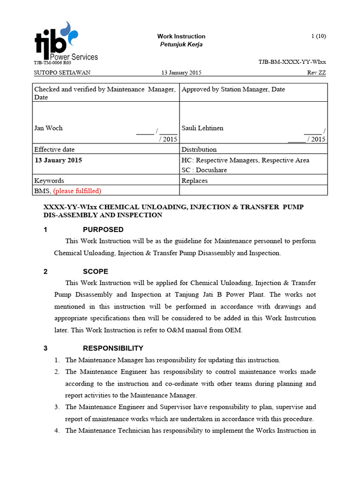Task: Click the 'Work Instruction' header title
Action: coord(181,36)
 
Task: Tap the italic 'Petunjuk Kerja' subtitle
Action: coord(181,45)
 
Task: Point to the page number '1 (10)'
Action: coord(318,36)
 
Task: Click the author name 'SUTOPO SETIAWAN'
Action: coord(62,73)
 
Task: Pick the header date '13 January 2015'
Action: coord(181,73)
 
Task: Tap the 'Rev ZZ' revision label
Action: coord(316,73)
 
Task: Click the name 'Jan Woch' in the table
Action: coord(48,128)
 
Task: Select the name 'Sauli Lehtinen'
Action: coord(202,128)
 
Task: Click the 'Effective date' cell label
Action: coord(54,150)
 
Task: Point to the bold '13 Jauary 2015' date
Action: coord(59,160)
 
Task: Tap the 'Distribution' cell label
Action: coord(199,150)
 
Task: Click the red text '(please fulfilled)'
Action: coord(77,191)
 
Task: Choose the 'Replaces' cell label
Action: coord(195,180)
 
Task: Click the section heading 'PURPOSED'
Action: coord(103,230)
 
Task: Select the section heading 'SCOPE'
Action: coord(96,271)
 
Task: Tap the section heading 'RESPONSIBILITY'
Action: coord(113,348)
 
